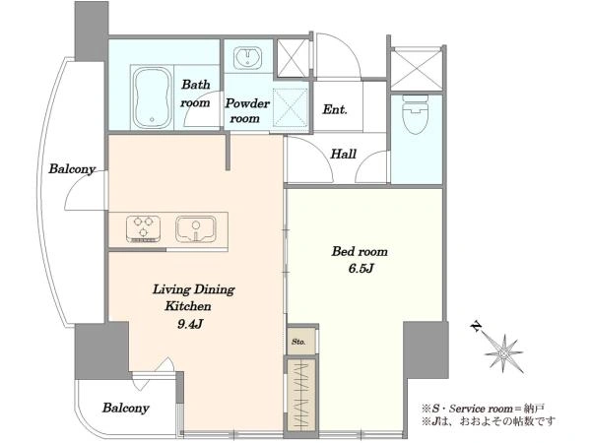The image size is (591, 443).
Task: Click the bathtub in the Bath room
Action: (x=152, y=97)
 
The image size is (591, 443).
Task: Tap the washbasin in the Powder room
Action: (x=247, y=58)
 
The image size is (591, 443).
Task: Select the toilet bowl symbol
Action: (x=416, y=114)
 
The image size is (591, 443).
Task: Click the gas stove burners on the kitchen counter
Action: (x=143, y=228)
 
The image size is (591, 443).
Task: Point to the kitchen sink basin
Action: (x=196, y=229)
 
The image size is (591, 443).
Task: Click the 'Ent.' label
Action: (x=335, y=109)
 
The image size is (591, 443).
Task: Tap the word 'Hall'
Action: (x=344, y=154)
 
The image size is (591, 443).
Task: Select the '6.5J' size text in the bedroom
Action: (x=361, y=269)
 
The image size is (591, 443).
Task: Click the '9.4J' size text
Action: (x=190, y=324)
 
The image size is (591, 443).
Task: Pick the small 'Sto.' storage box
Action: (x=300, y=342)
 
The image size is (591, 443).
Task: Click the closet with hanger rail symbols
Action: (x=300, y=395)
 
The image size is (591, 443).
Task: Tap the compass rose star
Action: (x=503, y=353)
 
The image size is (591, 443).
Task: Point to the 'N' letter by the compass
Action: (x=477, y=326)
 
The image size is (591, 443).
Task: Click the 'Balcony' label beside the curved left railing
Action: (x=72, y=168)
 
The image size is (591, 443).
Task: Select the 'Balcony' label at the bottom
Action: (x=126, y=408)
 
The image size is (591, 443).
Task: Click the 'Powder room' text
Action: (x=247, y=110)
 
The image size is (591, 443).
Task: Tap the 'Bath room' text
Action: (x=195, y=94)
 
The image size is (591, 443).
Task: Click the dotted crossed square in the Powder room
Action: (x=290, y=107)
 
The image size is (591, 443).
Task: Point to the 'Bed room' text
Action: (x=360, y=251)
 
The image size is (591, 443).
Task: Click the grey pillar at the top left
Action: (x=92, y=31)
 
